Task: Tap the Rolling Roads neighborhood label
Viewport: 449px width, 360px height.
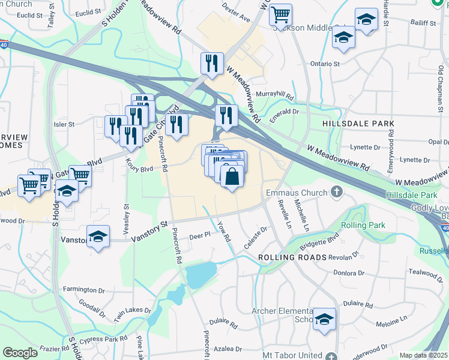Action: pos(292,257)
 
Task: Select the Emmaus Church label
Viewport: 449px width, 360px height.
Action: pos(297,193)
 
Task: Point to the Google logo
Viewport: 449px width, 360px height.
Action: pos(20,353)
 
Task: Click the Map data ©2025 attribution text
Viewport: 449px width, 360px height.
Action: pos(424,355)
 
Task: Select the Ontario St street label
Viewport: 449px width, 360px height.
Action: pos(325,64)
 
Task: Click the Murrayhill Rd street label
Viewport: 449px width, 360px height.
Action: pos(274,96)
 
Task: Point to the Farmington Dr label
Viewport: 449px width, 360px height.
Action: pos(84,290)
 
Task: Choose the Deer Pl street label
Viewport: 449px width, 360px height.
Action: pos(199,236)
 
